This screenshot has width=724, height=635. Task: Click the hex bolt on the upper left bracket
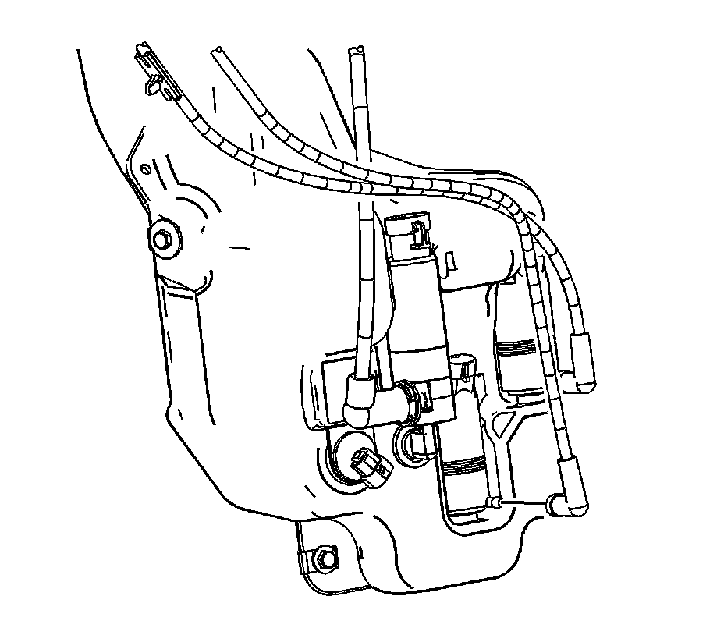click(164, 239)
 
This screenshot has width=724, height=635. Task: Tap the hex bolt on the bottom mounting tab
click(325, 559)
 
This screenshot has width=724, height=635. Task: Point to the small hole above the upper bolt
click(146, 169)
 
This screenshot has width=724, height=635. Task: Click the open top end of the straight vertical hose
click(357, 52)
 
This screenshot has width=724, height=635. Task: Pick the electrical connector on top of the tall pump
click(417, 233)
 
